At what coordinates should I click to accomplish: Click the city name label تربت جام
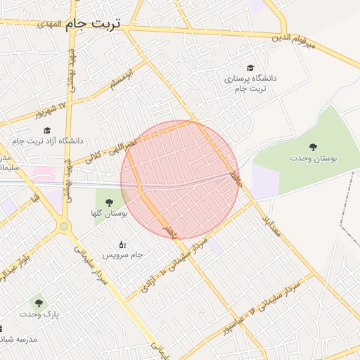click(94, 23)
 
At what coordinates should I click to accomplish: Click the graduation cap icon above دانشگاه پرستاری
click(252, 67)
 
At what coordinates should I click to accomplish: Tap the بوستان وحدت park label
click(313, 158)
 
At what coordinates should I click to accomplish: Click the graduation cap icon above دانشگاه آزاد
click(47, 130)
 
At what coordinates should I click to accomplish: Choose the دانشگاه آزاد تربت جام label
click(47, 141)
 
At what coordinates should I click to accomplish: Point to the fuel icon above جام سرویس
click(122, 244)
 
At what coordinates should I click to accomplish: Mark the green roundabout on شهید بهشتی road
click(64, 226)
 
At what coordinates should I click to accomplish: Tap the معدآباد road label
click(271, 226)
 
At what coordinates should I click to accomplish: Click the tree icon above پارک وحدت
click(39, 303)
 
